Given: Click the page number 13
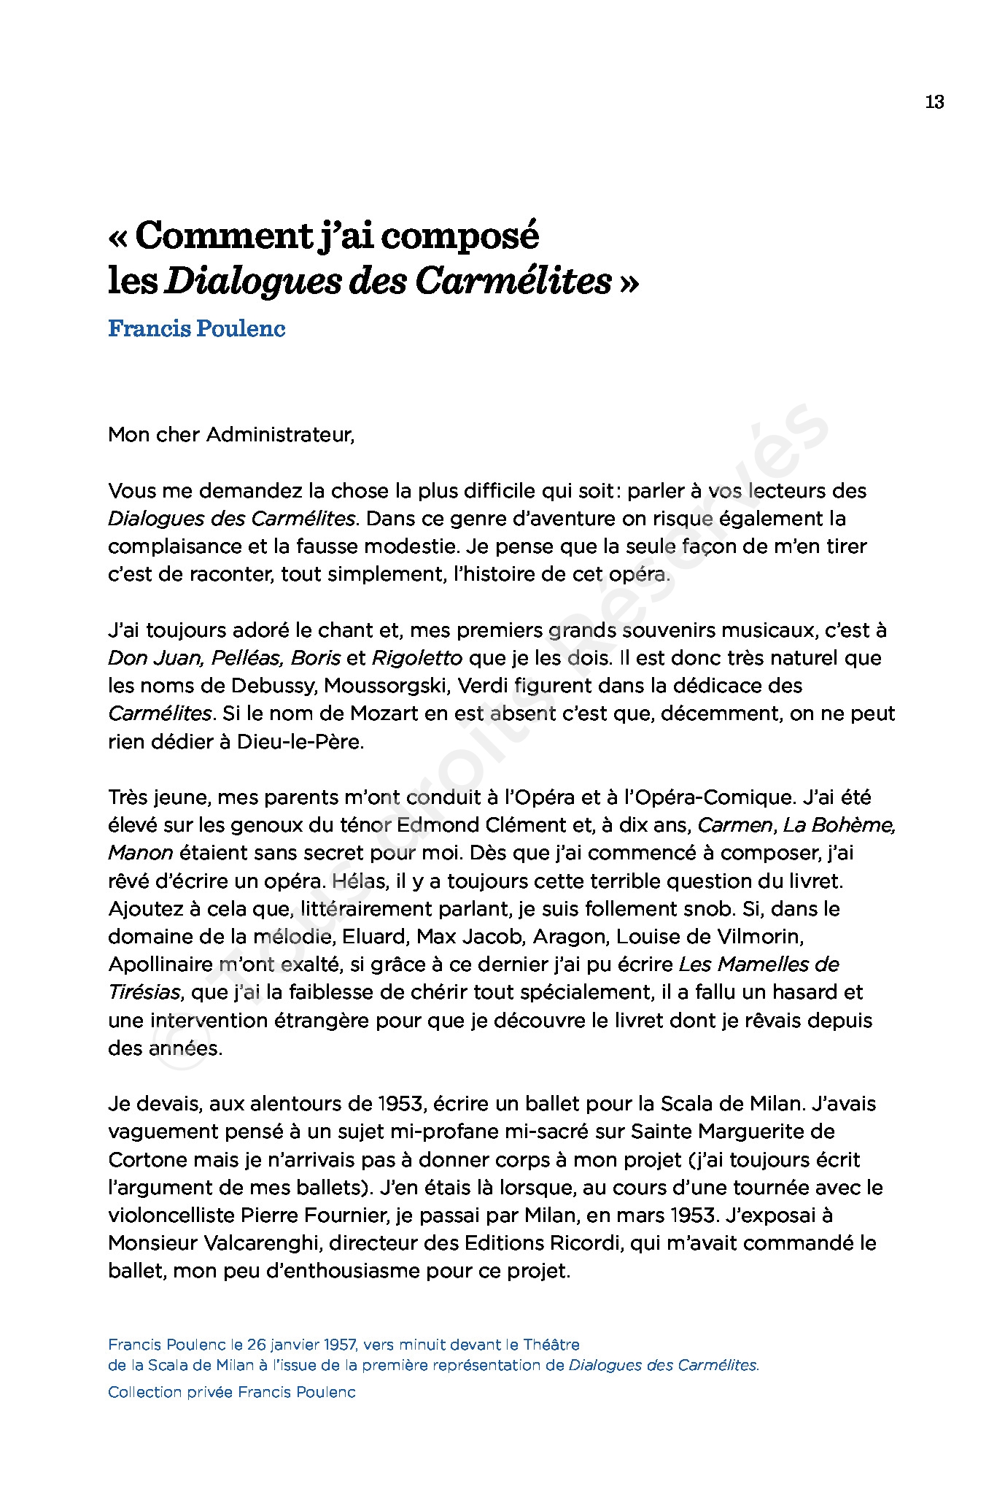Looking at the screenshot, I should click(x=934, y=102).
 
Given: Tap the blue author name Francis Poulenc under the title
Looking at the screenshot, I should click(x=196, y=329).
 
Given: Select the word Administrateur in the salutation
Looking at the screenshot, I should click(x=280, y=436).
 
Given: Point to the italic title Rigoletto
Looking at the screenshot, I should click(x=416, y=658).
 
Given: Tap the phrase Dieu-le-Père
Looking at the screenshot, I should click(x=300, y=742).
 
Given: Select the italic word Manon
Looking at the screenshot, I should click(x=141, y=853).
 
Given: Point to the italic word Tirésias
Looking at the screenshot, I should click(x=144, y=993).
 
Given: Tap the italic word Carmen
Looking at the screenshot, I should click(x=734, y=825).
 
